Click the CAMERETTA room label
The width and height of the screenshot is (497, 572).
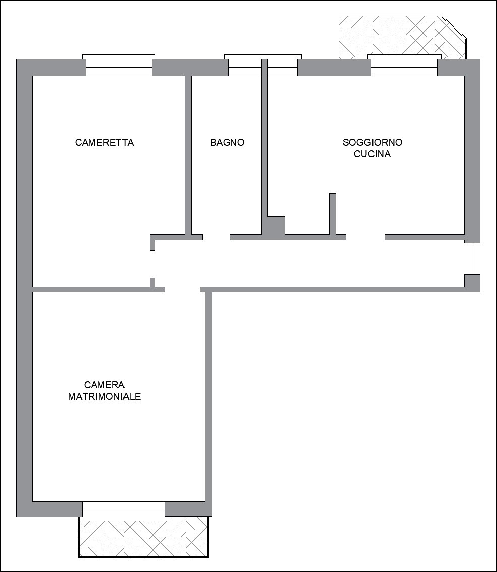(104, 142)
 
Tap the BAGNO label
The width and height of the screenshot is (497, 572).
(227, 142)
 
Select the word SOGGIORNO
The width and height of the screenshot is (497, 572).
(372, 142)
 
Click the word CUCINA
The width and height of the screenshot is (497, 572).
(372, 154)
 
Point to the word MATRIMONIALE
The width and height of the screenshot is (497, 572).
(104, 396)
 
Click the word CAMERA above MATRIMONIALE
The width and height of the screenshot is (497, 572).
(104, 385)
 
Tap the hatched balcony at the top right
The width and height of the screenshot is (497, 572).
(403, 37)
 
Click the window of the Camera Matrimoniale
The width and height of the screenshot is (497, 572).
(124, 509)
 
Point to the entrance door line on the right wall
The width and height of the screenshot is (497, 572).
(472, 259)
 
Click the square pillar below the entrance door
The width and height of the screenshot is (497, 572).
(472, 283)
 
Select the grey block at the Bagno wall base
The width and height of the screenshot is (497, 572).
(276, 225)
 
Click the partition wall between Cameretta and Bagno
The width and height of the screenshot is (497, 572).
(189, 155)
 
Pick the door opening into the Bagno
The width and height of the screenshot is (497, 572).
(216, 237)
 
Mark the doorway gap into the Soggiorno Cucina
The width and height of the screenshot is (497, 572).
(365, 237)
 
